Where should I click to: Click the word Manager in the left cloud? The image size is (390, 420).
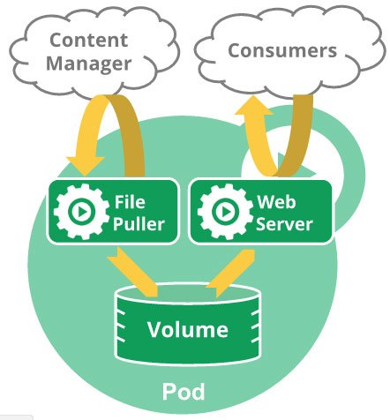pos(89,64)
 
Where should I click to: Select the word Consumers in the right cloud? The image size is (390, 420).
pos(282,50)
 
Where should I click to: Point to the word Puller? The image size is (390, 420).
pos(139,224)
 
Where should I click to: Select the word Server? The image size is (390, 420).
pos(284,224)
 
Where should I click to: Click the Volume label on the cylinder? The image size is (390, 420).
pos(187,331)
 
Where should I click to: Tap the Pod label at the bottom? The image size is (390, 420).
pos(186,390)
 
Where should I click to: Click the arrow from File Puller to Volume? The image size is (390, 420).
pos(133,270)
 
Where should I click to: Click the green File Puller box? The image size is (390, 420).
pos(115,212)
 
